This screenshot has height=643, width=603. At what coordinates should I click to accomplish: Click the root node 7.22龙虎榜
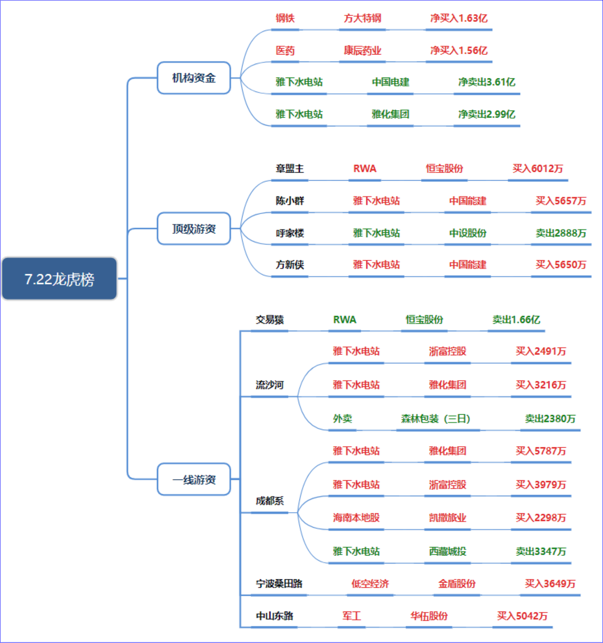[59, 279]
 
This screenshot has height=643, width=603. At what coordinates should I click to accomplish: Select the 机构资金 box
[194, 78]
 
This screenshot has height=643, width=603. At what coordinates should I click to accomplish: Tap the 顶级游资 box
[194, 229]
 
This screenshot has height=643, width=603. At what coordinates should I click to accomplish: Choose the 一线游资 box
[194, 479]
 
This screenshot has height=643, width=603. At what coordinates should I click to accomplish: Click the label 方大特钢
[362, 18]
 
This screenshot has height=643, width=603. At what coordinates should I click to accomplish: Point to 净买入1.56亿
[459, 51]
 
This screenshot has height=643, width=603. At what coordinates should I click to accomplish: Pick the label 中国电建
[390, 82]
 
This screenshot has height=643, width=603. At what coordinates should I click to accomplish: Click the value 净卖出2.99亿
[487, 115]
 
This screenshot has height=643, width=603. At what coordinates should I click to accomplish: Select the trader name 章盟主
[290, 169]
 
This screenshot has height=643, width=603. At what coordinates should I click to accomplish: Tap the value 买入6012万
[538, 169]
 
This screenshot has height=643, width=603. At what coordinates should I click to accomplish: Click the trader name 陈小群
[290, 201]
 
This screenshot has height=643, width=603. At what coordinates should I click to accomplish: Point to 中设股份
[468, 233]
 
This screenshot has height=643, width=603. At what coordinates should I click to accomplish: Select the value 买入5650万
[561, 265]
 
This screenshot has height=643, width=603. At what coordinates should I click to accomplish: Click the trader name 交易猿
[270, 320]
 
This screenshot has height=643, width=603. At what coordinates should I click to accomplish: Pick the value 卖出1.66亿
[516, 320]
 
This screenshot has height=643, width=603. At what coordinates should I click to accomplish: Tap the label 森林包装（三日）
[436, 419]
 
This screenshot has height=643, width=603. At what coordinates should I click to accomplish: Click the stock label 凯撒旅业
[447, 518]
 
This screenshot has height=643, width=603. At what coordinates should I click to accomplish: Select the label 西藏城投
[447, 551]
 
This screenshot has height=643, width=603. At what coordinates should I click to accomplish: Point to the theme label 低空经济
[370, 584]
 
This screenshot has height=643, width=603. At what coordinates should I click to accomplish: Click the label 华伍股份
[429, 616]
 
